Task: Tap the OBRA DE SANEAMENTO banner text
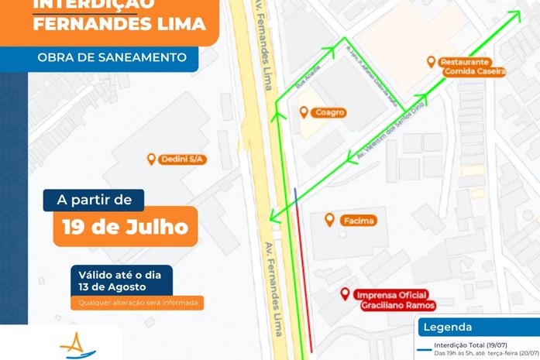click(112, 57)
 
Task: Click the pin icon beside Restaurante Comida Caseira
click(432, 62)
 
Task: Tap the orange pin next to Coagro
click(304, 112)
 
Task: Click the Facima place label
click(357, 221)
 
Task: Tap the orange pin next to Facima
click(329, 220)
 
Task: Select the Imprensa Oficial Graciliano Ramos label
click(395, 300)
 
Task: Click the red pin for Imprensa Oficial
click(346, 294)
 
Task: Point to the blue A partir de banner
click(94, 201)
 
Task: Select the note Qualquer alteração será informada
click(139, 303)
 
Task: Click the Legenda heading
click(447, 327)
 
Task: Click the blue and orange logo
click(77, 345)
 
